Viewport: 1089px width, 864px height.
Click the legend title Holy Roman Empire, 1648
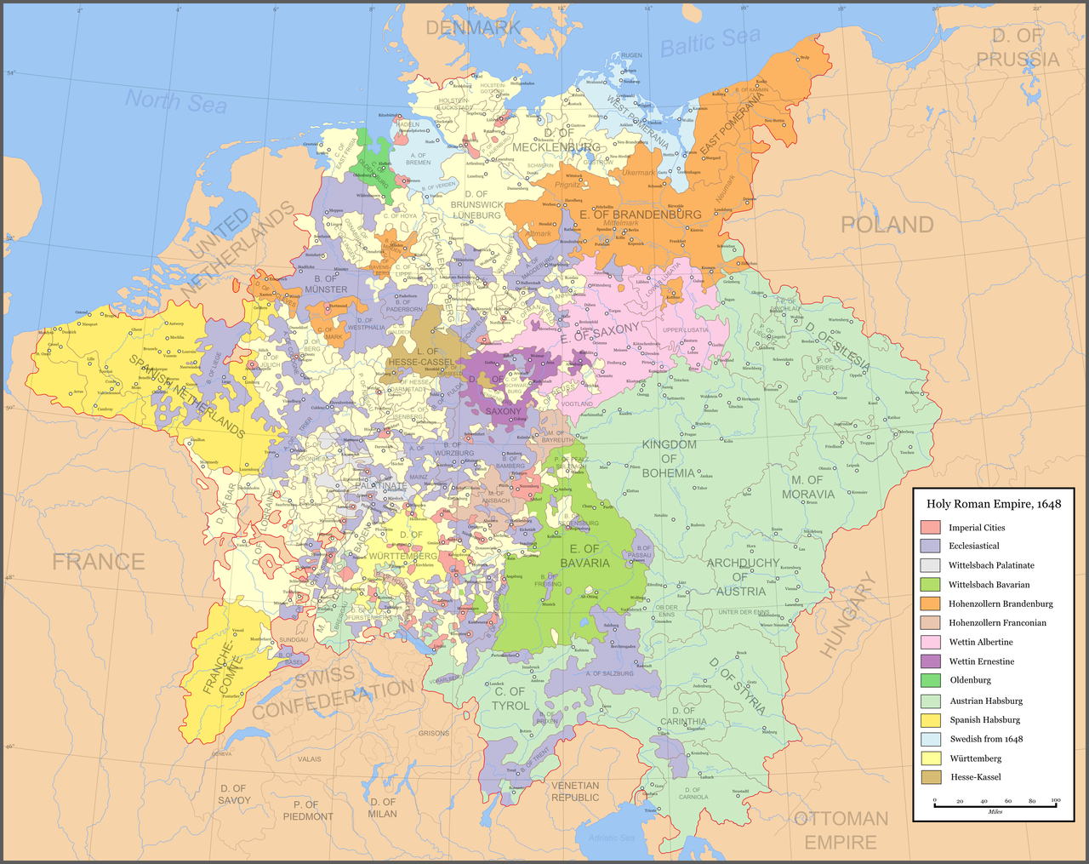click(x=994, y=504)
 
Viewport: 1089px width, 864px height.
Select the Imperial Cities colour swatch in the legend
click(x=931, y=528)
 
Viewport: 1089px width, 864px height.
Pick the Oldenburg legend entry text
click(x=970, y=680)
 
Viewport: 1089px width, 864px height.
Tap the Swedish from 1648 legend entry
click(x=986, y=739)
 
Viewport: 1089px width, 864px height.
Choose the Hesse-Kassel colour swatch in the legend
click(x=931, y=777)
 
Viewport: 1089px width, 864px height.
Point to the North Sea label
click(x=176, y=101)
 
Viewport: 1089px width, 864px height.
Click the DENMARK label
click(x=473, y=28)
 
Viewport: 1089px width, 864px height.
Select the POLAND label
click(x=887, y=225)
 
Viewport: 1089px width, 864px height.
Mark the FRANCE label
click(x=99, y=562)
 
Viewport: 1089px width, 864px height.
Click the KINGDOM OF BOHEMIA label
click(x=670, y=458)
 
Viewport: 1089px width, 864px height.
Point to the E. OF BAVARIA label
click(x=585, y=556)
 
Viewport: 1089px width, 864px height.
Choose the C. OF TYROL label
click(x=510, y=699)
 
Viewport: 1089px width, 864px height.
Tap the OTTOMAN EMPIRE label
click(x=841, y=830)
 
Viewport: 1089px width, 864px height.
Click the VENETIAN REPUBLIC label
click(x=575, y=792)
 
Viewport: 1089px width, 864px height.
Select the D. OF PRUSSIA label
click(x=1018, y=48)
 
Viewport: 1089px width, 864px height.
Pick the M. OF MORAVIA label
click(x=807, y=487)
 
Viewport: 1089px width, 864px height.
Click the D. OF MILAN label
click(x=383, y=808)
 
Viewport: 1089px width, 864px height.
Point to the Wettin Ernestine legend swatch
click(x=931, y=661)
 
